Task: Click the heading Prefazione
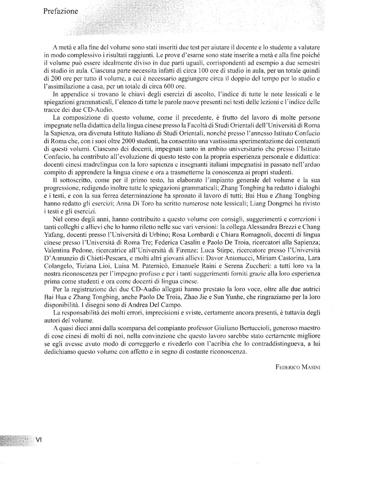tap(61, 11)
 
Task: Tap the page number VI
tap(38, 440)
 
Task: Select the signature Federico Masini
tap(298, 367)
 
